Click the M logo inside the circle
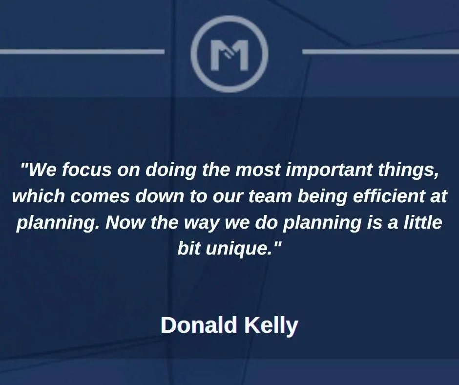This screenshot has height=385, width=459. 229,55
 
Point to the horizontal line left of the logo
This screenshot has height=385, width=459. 82,52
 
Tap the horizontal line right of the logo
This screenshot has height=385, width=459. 380,52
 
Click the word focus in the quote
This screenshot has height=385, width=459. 86,170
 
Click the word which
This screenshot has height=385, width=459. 39,196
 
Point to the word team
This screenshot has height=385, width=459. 270,196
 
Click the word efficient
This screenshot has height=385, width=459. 389,196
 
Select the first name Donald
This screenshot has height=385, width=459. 199,325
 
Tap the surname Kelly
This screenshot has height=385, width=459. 271,326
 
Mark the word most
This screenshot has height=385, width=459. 258,170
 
